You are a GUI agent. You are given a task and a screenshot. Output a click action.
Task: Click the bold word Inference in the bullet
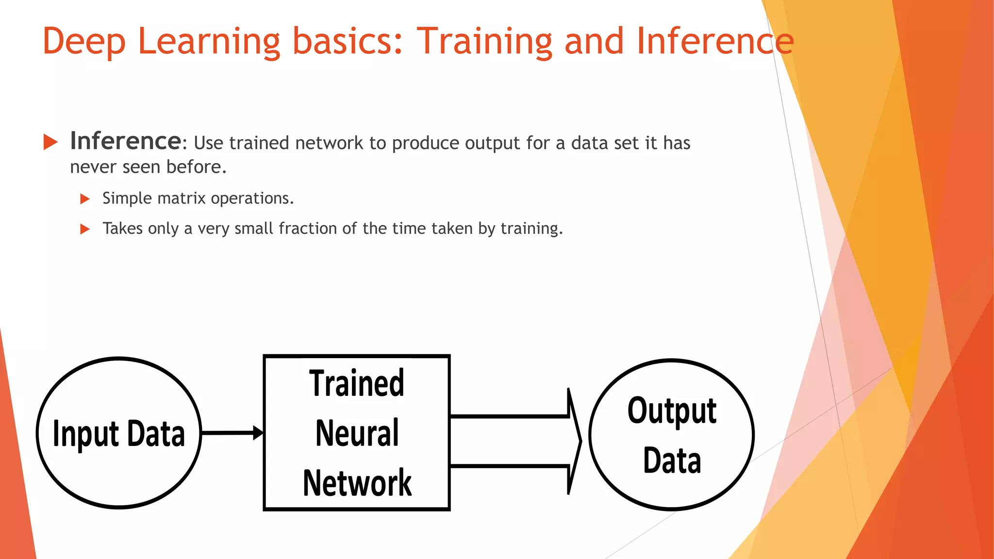(126, 141)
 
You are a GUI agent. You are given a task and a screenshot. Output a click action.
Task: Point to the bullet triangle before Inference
(50, 142)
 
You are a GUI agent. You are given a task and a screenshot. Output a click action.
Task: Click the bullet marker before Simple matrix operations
(85, 199)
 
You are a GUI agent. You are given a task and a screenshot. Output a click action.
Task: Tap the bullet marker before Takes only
(85, 229)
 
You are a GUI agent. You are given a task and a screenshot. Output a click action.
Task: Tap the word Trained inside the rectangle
(357, 383)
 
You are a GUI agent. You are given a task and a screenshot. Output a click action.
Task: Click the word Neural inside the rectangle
(357, 433)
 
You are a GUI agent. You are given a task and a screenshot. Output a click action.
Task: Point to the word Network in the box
(357, 483)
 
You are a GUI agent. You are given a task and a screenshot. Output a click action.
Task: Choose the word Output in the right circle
(672, 411)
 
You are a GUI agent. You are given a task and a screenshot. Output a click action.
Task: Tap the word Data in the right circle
(672, 460)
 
